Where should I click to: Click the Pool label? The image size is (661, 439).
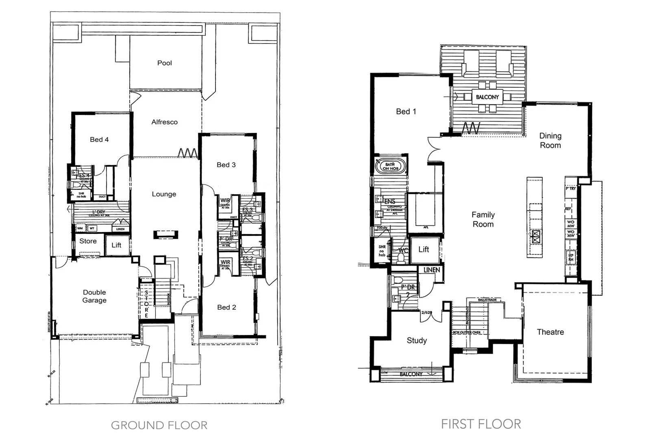point(164,63)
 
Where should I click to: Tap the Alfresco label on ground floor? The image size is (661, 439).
point(164,122)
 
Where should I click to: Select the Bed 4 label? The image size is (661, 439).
point(99,139)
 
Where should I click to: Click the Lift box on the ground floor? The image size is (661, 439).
point(116,245)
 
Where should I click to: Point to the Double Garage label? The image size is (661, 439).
point(94,296)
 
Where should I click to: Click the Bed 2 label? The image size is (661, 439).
point(226,307)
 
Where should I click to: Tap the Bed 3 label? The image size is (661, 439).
point(226,165)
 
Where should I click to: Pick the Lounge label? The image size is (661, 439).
point(164,194)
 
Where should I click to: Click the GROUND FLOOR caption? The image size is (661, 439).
point(159,426)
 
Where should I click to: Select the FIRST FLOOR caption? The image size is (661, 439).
point(481,424)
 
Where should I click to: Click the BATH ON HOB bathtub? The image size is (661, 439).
point(390,166)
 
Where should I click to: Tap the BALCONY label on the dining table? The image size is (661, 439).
point(487,97)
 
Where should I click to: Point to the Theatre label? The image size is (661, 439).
point(550,332)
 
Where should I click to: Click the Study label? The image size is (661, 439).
point(417,341)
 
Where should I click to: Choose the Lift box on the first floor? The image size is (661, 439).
point(424,250)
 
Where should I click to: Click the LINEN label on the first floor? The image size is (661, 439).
point(431,270)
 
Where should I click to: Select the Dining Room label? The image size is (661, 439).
point(550,141)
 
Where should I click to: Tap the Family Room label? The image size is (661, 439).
point(483,219)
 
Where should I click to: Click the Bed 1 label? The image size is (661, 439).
point(406,111)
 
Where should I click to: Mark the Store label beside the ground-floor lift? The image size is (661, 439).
point(88,241)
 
